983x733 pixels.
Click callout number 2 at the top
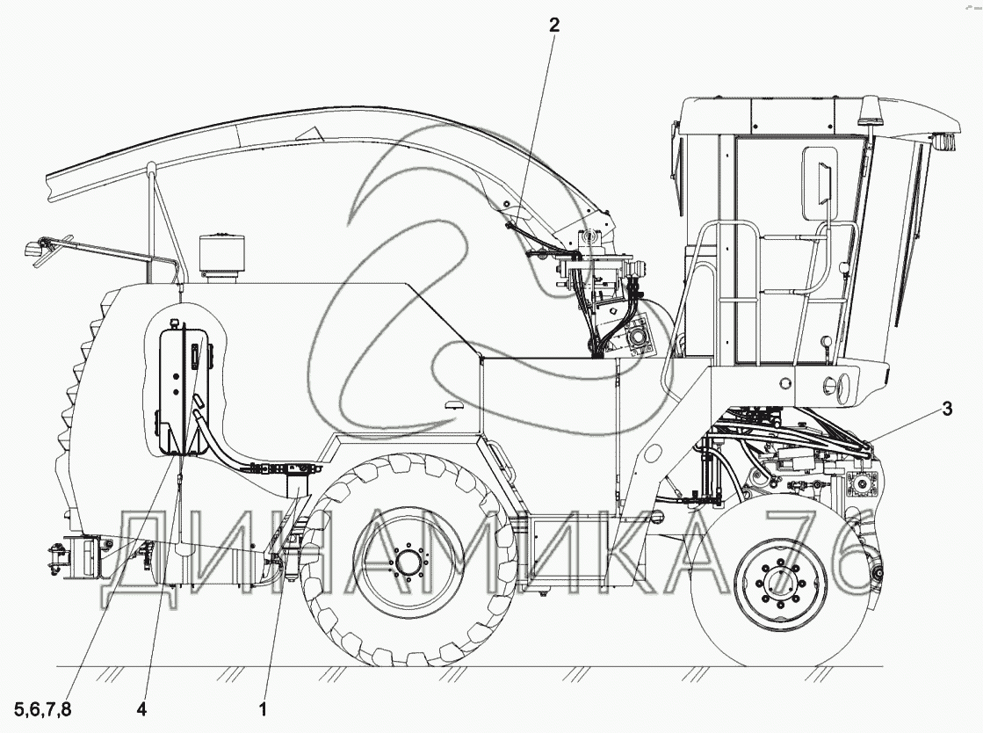coord(553,25)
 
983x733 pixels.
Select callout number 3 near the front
coord(947,409)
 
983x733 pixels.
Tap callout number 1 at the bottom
coord(264,709)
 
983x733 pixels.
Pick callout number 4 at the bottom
coord(141,709)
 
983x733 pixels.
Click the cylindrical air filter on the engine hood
coord(221,258)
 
